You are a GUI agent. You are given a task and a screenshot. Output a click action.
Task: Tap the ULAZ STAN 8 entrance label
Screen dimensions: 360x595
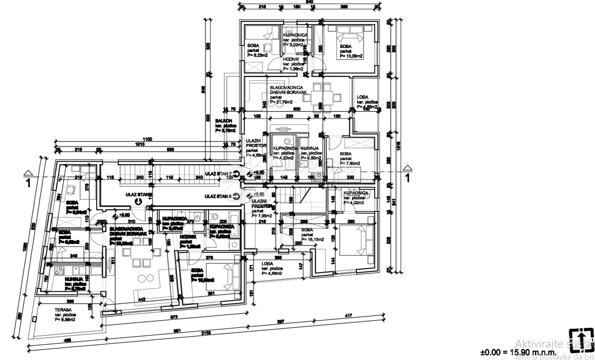(217, 196)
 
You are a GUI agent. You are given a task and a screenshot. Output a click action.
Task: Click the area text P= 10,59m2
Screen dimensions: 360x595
(351, 57)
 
